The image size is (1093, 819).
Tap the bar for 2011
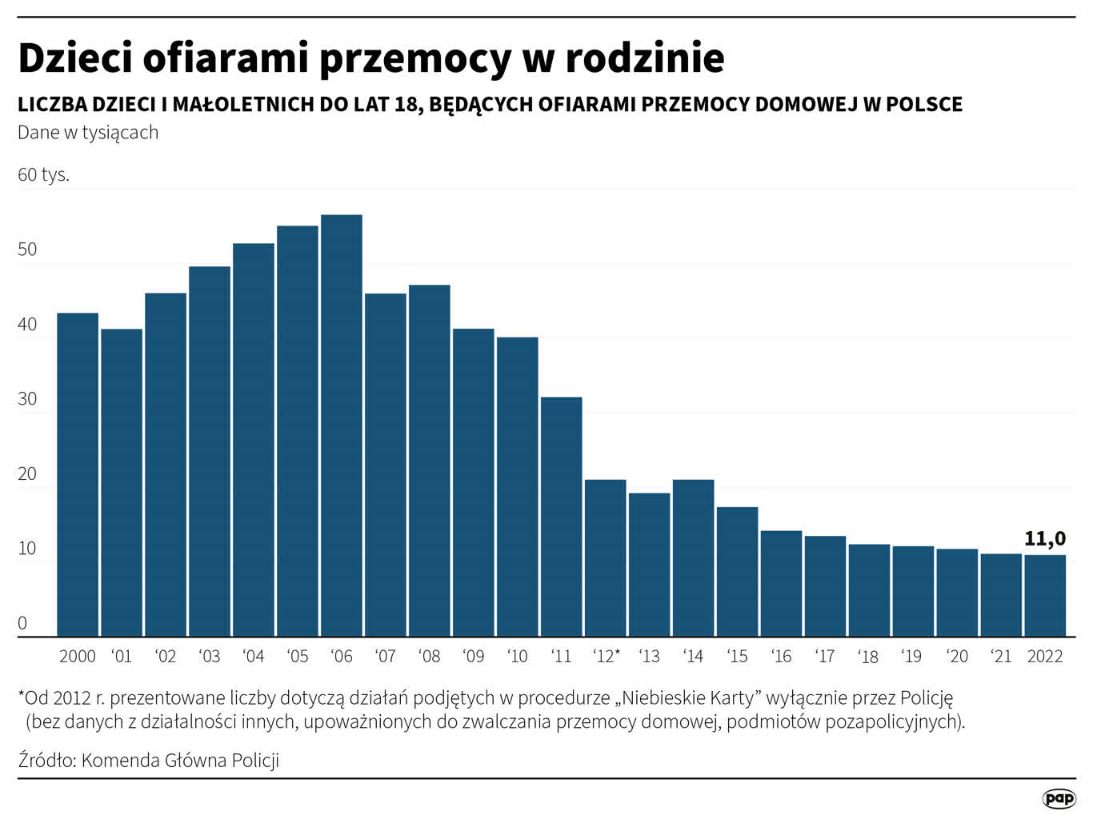click(x=561, y=517)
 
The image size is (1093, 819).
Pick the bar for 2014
click(x=693, y=557)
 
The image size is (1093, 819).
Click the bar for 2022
click(x=1045, y=595)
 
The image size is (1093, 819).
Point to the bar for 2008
click(x=430, y=461)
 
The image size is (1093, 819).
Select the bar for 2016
click(x=781, y=583)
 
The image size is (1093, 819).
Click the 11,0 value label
click(x=1044, y=539)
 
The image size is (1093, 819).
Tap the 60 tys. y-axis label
click(x=43, y=174)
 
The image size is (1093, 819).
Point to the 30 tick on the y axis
click(x=27, y=399)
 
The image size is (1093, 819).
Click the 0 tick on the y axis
click(x=22, y=623)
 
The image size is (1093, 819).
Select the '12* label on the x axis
click(x=606, y=657)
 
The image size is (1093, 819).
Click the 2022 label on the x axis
click(x=1045, y=657)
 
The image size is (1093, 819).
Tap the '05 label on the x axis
click(x=298, y=657)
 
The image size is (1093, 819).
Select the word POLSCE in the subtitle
click(x=923, y=105)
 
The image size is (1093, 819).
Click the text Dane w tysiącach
click(x=88, y=133)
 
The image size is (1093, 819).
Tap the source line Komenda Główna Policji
click(x=180, y=760)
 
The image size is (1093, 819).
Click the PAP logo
click(x=1059, y=798)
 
